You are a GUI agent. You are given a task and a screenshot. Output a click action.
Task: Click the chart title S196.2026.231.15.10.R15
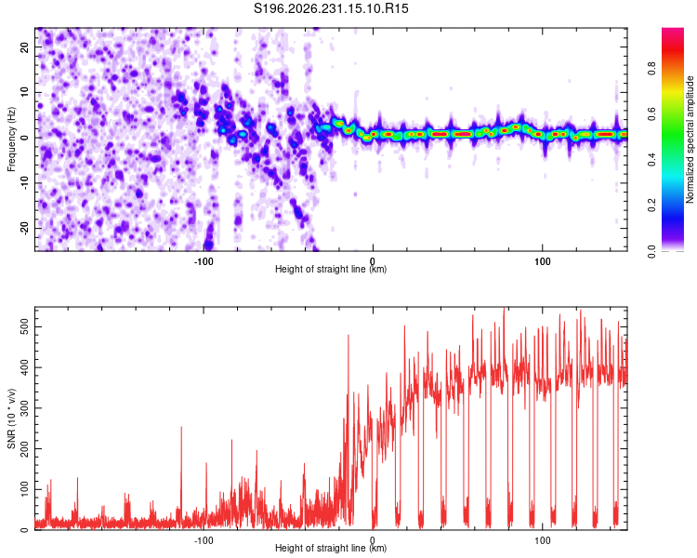click(331, 8)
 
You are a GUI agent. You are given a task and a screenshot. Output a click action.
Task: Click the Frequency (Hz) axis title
click(11, 139)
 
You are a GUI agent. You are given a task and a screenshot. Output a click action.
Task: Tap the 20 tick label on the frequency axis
click(24, 47)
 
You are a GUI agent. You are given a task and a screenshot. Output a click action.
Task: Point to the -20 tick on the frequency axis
click(24, 228)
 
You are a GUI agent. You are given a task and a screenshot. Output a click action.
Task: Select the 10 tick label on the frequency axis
click(24, 92)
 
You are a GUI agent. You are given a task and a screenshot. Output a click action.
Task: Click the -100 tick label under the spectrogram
click(204, 261)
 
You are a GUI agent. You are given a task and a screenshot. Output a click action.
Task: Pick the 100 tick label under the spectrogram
click(543, 261)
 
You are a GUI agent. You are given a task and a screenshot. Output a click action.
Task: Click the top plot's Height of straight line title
click(331, 269)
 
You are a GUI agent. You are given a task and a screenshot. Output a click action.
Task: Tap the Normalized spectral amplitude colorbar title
click(690, 139)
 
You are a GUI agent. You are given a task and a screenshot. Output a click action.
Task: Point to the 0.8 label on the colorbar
click(651, 69)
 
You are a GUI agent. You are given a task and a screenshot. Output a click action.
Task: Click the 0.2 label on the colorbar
click(651, 206)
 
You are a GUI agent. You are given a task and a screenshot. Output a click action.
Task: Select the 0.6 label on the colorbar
click(651, 114)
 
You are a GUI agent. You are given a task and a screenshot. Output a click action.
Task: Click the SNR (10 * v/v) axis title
click(11, 418)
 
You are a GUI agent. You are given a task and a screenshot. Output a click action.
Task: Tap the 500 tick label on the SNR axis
click(24, 327)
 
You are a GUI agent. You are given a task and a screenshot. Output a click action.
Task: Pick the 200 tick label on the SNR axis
click(24, 448)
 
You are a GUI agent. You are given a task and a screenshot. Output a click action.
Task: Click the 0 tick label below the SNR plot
click(373, 540)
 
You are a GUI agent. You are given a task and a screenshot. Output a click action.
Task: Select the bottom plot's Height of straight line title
click(331, 548)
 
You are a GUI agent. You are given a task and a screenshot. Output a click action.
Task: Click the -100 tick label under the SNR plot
click(204, 540)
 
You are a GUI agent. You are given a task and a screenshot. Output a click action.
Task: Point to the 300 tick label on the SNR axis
click(24, 408)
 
